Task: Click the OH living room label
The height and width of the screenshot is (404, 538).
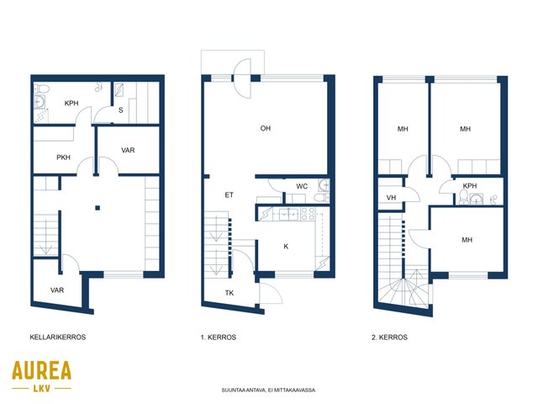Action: (266, 129)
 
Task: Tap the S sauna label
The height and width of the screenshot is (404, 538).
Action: (121, 110)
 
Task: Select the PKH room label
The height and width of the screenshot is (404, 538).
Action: (64, 157)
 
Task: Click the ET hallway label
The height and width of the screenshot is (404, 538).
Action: (229, 195)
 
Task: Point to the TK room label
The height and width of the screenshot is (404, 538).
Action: (229, 293)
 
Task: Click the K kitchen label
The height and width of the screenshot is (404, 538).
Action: (286, 247)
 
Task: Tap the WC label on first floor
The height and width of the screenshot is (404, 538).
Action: (302, 187)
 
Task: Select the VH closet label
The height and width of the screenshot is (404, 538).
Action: (391, 198)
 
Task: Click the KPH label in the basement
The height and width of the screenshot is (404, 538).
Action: (71, 103)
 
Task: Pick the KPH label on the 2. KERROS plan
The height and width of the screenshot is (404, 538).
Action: (470, 186)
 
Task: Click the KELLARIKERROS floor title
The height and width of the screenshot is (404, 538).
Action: (58, 337)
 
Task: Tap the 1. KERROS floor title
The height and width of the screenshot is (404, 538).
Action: (219, 338)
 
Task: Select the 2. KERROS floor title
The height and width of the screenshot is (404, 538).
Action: (389, 338)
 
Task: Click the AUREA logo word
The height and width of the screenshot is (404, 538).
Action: (41, 370)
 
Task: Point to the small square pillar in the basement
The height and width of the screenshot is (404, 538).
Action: (98, 208)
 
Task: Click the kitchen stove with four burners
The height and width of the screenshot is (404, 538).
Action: (308, 213)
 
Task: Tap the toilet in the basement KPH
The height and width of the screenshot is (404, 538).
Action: (41, 88)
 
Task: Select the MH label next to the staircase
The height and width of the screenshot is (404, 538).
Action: (467, 240)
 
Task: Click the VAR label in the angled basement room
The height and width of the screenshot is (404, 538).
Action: (57, 290)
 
